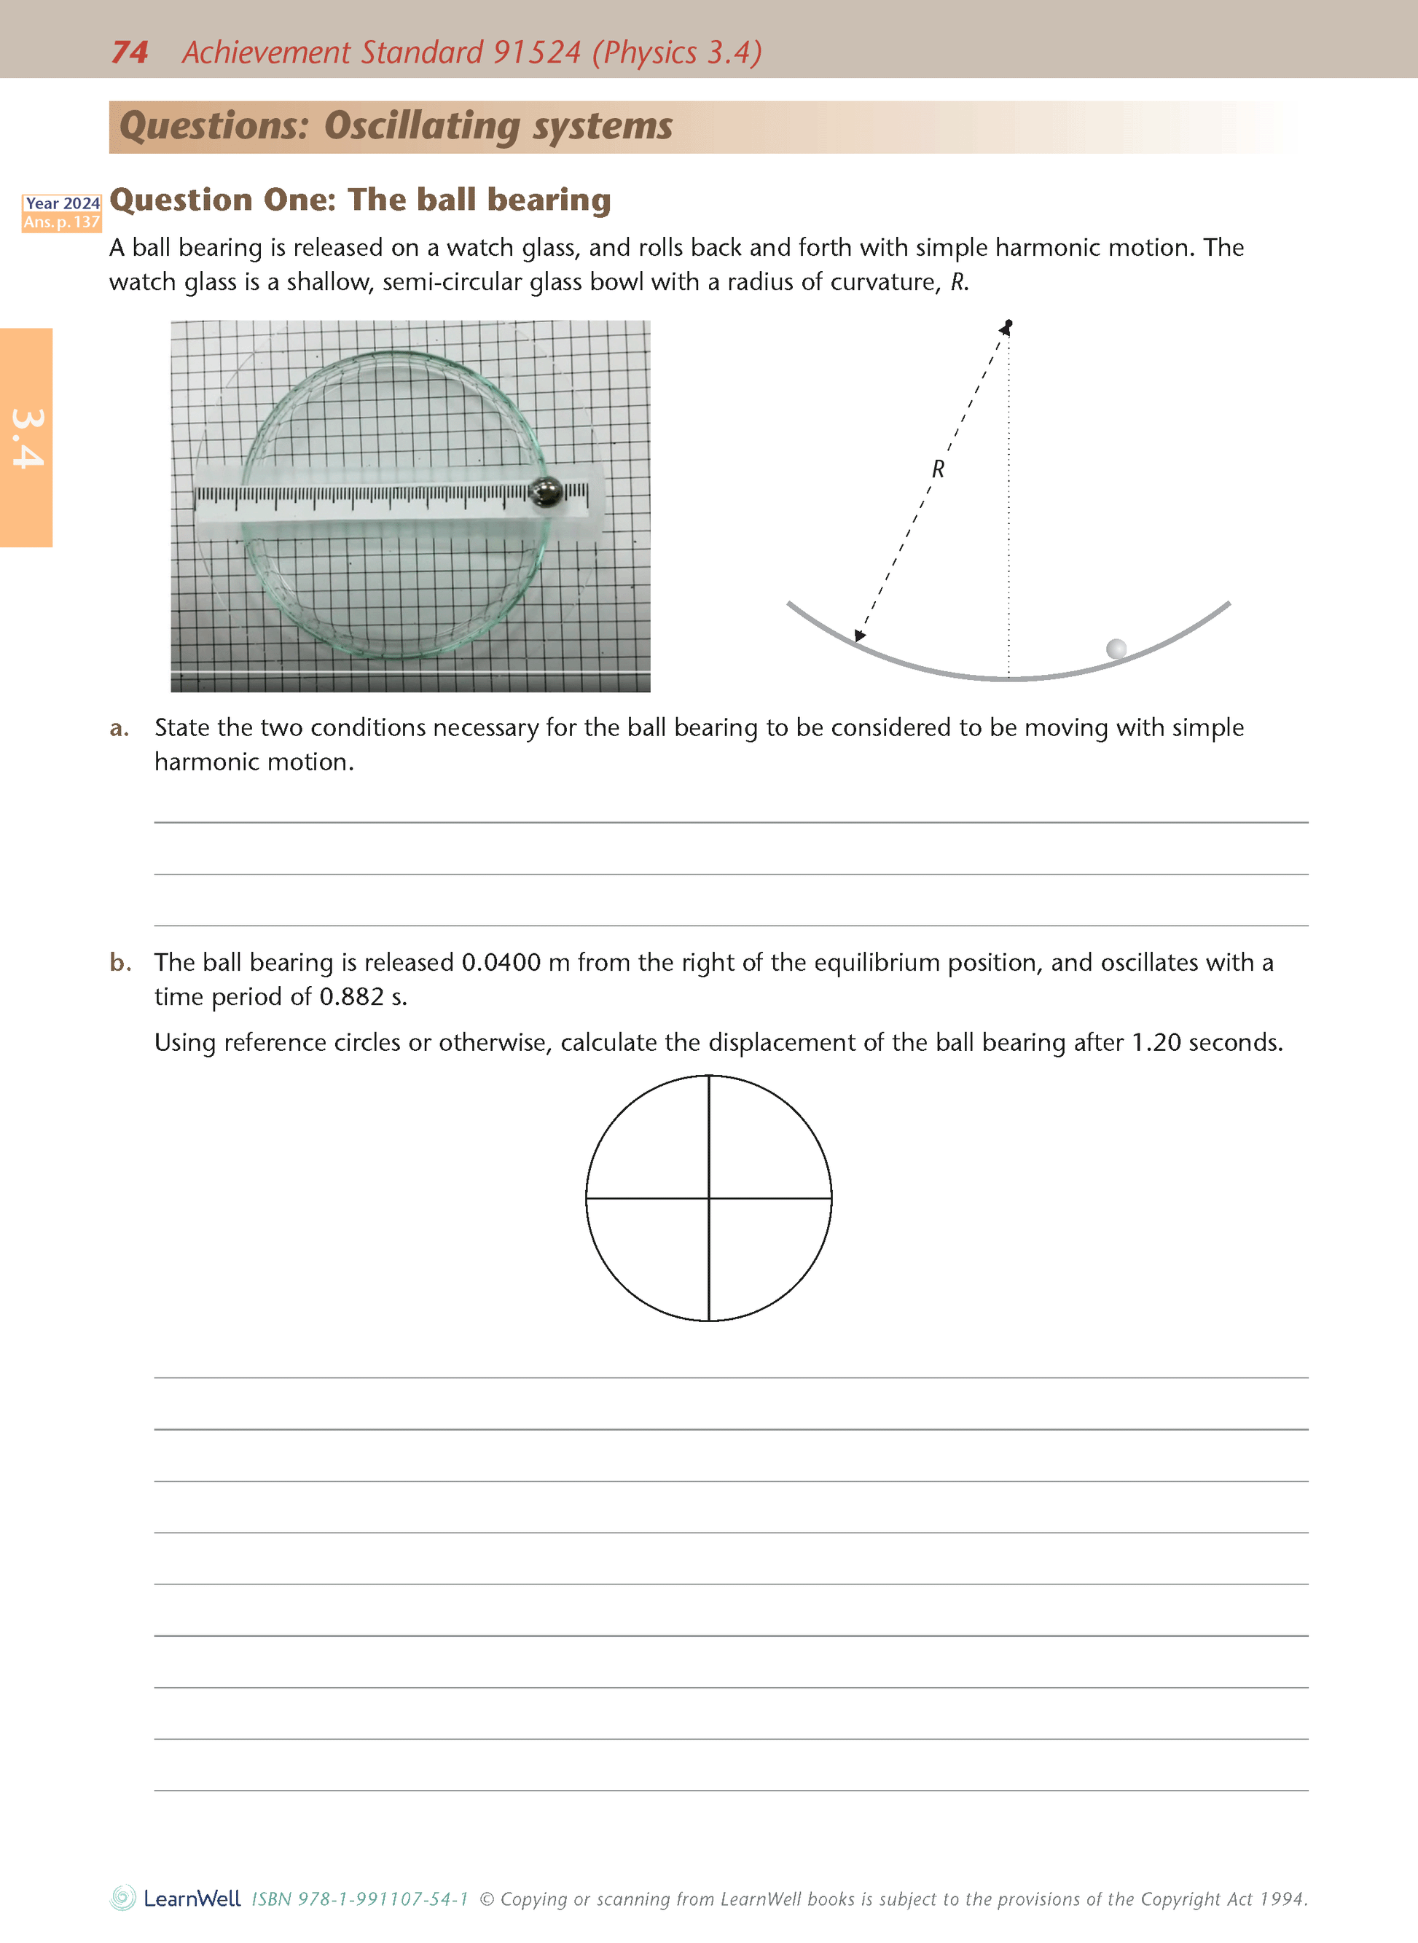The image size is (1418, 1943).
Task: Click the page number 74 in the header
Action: point(130,52)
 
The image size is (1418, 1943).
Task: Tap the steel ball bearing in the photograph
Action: point(545,492)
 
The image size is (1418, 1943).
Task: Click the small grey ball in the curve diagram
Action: point(1116,648)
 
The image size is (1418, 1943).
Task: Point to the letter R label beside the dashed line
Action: point(939,469)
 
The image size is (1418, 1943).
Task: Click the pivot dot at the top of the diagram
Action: point(1008,324)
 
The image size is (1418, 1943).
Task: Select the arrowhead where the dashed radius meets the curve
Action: point(859,636)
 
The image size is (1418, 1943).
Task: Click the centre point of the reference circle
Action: point(709,1197)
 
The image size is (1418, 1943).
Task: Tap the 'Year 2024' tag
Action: point(62,203)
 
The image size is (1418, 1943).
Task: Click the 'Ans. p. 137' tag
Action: point(62,222)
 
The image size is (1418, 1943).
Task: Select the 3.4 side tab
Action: point(27,438)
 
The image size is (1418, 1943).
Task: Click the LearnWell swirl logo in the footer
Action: point(122,1898)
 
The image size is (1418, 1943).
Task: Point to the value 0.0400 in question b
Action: point(501,963)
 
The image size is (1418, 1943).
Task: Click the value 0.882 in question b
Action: point(351,997)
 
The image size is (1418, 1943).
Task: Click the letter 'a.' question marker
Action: point(120,728)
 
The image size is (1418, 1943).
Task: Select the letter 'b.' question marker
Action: point(120,963)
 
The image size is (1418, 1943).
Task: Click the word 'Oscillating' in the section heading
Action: point(421,126)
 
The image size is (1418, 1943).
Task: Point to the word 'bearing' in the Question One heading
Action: point(549,200)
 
